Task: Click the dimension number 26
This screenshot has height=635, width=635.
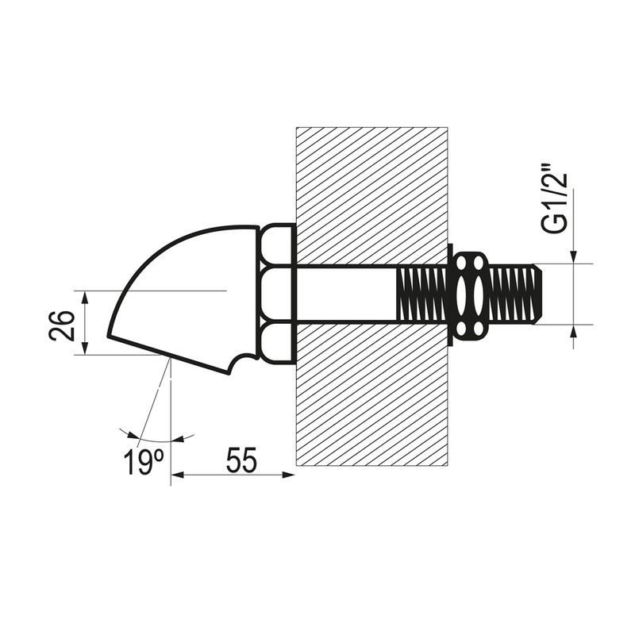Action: coord(62,325)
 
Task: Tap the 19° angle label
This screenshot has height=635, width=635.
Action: coord(144,461)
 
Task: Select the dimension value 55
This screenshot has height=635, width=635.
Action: coord(241,460)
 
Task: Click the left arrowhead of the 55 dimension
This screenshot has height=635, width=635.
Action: coord(177,475)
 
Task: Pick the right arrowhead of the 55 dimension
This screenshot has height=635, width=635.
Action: coord(287,475)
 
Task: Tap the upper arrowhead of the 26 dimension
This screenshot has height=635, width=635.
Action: coord(85,297)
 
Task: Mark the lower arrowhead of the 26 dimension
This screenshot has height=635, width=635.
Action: coord(85,348)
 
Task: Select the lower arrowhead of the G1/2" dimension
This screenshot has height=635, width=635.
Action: coord(573,331)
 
